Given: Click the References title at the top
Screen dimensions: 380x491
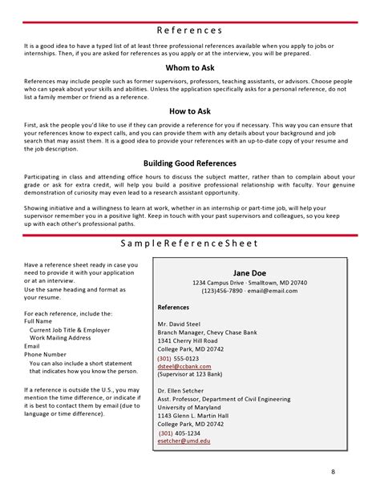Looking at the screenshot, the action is tap(189, 30).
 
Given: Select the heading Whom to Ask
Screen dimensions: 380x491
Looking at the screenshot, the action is tap(189, 68).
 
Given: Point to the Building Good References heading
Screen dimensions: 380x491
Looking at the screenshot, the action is tap(189, 163).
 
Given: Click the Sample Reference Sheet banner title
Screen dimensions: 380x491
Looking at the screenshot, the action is tap(189, 243).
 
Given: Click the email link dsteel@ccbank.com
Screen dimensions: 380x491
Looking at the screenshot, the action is tap(190, 366).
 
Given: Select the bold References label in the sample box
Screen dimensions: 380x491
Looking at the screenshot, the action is tap(173, 307).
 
